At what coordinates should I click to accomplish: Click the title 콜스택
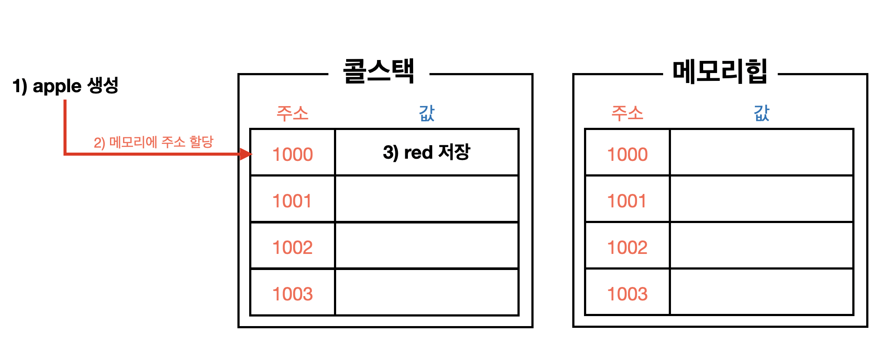pos(378,71)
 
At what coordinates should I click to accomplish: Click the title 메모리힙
pos(720,71)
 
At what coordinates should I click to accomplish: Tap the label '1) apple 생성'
pos(65,86)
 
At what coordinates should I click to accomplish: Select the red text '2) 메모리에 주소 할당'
pos(154,142)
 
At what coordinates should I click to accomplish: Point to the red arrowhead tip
pos(251,154)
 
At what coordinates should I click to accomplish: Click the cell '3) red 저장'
pos(427,152)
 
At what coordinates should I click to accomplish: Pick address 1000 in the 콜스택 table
pos(293,154)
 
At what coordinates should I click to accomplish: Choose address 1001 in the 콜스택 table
pos(292,201)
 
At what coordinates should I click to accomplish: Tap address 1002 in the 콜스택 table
pos(293,247)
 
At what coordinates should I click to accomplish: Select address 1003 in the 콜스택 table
pos(293,294)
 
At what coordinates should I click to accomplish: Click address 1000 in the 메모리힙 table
pos(627,154)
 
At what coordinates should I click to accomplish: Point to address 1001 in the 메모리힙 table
pos(627,201)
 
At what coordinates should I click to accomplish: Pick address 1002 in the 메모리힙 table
pos(627,247)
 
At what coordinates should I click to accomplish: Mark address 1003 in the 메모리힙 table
pos(627,294)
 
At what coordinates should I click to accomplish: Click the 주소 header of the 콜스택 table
pos(293,113)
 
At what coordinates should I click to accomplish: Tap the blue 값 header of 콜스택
pos(427,113)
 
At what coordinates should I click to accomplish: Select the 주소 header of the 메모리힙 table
pos(627,113)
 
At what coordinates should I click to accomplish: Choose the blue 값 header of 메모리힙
pos(761,113)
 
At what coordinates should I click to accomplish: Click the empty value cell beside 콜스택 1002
pos(427,246)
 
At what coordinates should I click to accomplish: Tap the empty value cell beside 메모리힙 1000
pos(761,152)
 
